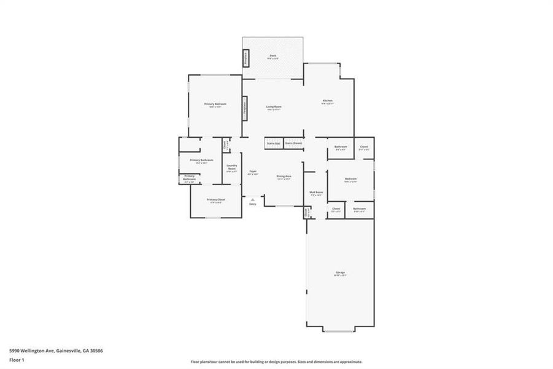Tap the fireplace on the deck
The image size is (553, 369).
pyautogui.click(x=246, y=58)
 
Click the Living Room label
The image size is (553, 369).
pyautogui.click(x=274, y=108)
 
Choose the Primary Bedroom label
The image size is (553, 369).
pyautogui.click(x=215, y=105)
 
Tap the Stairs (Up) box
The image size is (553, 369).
pyautogui.click(x=273, y=143)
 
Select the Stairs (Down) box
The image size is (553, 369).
pyautogui.click(x=293, y=143)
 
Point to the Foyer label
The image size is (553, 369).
pyautogui.click(x=252, y=172)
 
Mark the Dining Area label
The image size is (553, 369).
pyautogui.click(x=284, y=177)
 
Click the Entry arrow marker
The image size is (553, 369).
pyautogui.click(x=252, y=200)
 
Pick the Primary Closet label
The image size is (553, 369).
pyautogui.click(x=215, y=200)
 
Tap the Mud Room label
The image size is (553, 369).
pyautogui.click(x=317, y=192)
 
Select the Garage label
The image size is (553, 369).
pyautogui.click(x=340, y=273)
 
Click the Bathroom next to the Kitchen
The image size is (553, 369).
pyautogui.click(x=341, y=148)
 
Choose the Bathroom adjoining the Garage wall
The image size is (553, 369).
pyautogui.click(x=359, y=210)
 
